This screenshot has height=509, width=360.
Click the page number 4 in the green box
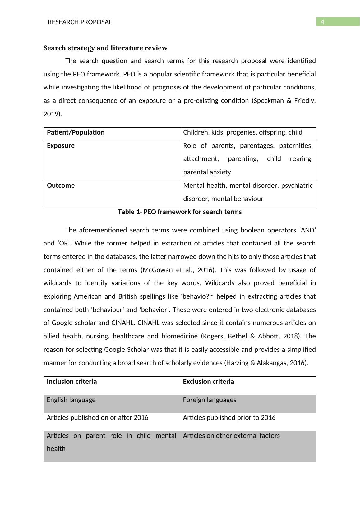(x=322, y=22)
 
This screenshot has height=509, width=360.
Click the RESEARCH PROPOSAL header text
(x=80, y=22)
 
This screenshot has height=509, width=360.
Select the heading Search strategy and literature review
(x=105, y=48)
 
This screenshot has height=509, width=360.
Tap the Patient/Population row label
(x=76, y=132)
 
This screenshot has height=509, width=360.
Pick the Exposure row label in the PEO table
(x=61, y=146)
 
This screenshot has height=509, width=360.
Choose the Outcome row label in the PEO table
(x=61, y=186)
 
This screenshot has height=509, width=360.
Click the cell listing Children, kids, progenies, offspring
(x=242, y=132)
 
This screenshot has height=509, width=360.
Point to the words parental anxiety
(x=207, y=172)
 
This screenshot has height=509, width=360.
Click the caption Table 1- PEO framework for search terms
(x=180, y=212)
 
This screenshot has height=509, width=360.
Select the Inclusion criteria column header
(x=72, y=382)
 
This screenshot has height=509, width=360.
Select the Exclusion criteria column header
(x=208, y=382)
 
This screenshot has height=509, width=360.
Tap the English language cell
(x=71, y=400)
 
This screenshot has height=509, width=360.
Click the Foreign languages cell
(x=209, y=400)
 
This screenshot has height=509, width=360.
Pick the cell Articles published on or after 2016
(x=97, y=418)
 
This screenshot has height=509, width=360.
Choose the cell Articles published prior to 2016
(x=229, y=418)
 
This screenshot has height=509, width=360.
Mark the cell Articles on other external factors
(x=231, y=436)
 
